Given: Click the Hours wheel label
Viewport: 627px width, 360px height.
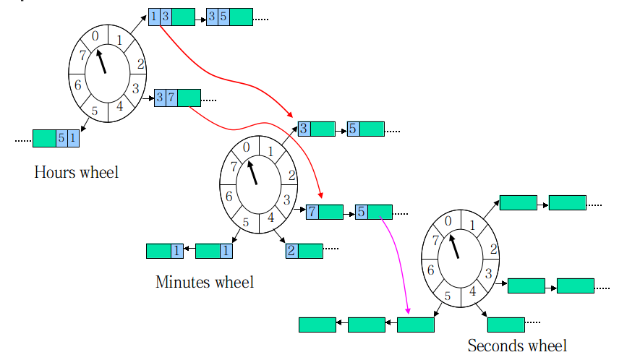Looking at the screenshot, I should pyautogui.click(x=76, y=172).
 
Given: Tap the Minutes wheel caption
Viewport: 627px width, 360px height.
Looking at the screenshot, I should pyautogui.click(x=205, y=282).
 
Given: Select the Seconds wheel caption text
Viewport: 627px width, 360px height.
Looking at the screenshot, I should pyautogui.click(x=517, y=346).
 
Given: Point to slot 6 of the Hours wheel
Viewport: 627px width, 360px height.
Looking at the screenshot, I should pyautogui.click(x=77, y=84).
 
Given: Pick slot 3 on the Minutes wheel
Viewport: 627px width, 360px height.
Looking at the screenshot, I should pyautogui.click(x=286, y=200).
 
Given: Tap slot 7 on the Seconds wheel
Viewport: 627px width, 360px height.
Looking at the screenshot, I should pyautogui.click(x=435, y=240).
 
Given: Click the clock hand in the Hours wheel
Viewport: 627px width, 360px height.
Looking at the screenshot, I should pyautogui.click(x=102, y=60).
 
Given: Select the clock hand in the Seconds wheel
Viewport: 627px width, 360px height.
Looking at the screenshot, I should pyautogui.click(x=455, y=247).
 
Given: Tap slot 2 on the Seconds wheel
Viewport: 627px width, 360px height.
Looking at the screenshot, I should pyautogui.click(x=494, y=249).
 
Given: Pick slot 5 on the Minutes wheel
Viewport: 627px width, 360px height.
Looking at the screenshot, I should pyautogui.click(x=245, y=223).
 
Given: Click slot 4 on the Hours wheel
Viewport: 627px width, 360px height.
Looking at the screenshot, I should pyautogui.click(x=119, y=106).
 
